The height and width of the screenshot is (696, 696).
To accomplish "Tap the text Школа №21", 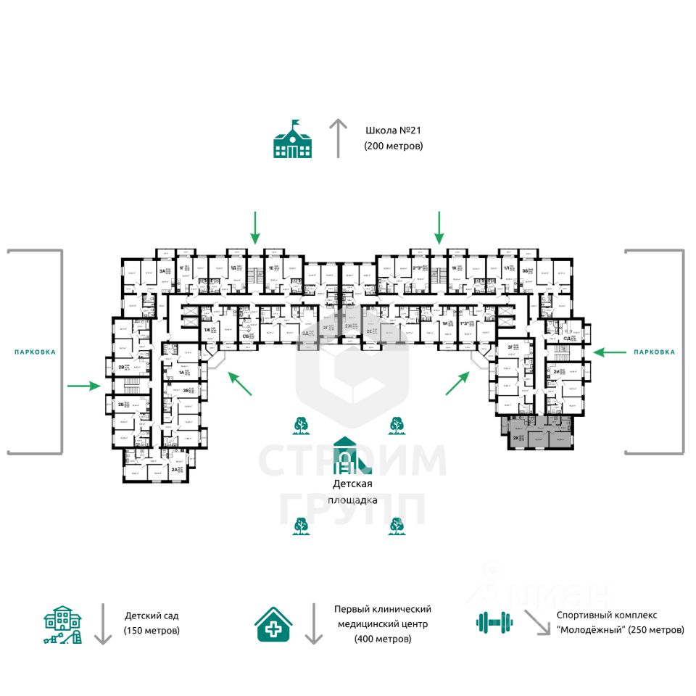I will pos(393,131).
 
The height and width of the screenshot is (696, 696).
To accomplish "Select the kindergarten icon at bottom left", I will pos(63,625).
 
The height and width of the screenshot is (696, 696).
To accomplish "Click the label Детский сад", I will pos(151,616).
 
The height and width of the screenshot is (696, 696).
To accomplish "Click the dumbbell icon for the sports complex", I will pos(494,621).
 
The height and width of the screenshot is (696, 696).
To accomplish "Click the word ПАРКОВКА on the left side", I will pos(35,352).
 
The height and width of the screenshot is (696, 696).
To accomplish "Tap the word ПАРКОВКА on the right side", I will pos(654,352).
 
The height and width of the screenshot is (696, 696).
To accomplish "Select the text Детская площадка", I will pos(352,492).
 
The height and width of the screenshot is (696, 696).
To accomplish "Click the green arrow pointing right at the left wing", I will pos(84,386).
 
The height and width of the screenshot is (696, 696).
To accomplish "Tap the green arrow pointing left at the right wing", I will pos(610,352).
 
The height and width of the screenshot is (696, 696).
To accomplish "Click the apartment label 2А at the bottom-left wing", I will pos(175,470).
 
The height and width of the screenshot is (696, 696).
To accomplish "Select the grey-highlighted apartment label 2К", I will pos(515,438).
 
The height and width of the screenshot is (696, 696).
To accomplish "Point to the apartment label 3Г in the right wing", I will pos(510,347).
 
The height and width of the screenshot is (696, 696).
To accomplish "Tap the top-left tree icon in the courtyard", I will pos(299,425).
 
